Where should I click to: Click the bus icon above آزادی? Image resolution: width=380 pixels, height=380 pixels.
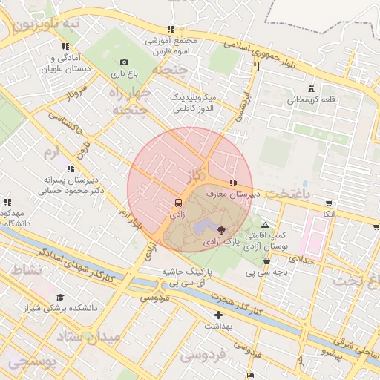pyautogui.click(x=178, y=202)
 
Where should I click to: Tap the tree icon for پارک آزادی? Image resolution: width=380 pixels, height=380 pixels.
pyautogui.click(x=223, y=229)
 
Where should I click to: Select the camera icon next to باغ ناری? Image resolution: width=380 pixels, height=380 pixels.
pyautogui.click(x=124, y=62)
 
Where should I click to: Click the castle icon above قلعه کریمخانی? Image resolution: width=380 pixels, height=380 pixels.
pyautogui.click(x=311, y=88)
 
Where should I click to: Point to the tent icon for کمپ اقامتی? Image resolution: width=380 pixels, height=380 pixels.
pyautogui.click(x=266, y=224)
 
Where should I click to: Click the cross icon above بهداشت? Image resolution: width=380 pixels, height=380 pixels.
pyautogui.click(x=218, y=315)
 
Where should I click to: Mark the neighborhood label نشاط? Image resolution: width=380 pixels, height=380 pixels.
pyautogui.click(x=24, y=269)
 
